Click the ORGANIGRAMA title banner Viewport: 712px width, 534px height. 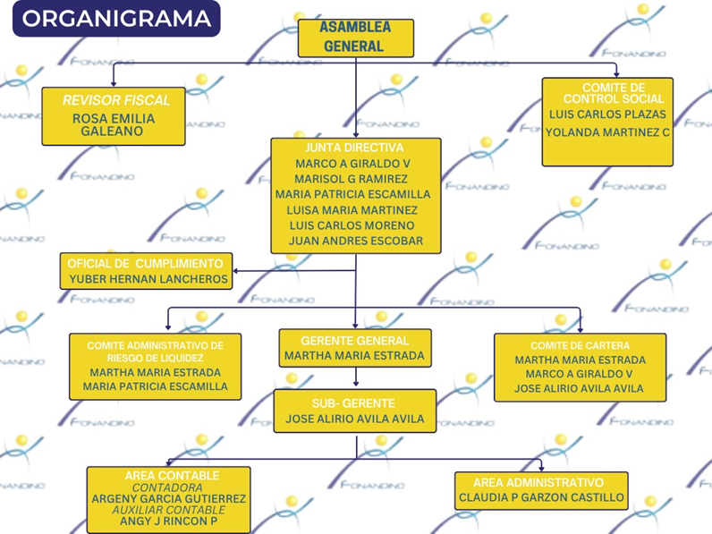tap(117, 19)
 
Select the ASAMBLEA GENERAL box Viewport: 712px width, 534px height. tap(355, 38)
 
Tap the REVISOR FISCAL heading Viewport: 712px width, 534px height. tap(115, 100)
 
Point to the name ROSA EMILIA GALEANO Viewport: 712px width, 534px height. tap(114, 124)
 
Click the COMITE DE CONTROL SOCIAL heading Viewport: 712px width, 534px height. tap(607, 92)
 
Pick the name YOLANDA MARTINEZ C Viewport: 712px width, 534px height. tap(607, 132)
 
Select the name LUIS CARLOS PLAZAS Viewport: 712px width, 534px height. tap(607, 114)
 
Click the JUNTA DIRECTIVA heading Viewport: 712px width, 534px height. tap(355, 148)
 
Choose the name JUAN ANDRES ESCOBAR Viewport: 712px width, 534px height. tap(356, 241)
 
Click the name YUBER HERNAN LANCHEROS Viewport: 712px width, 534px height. tap(148, 279)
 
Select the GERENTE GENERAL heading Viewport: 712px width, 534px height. tap(354, 341)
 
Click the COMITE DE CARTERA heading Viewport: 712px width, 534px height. tap(580, 345)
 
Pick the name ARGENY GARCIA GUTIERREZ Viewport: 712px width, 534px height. tap(169, 498)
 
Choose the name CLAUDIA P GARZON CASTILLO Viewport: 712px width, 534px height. tap(541, 497)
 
